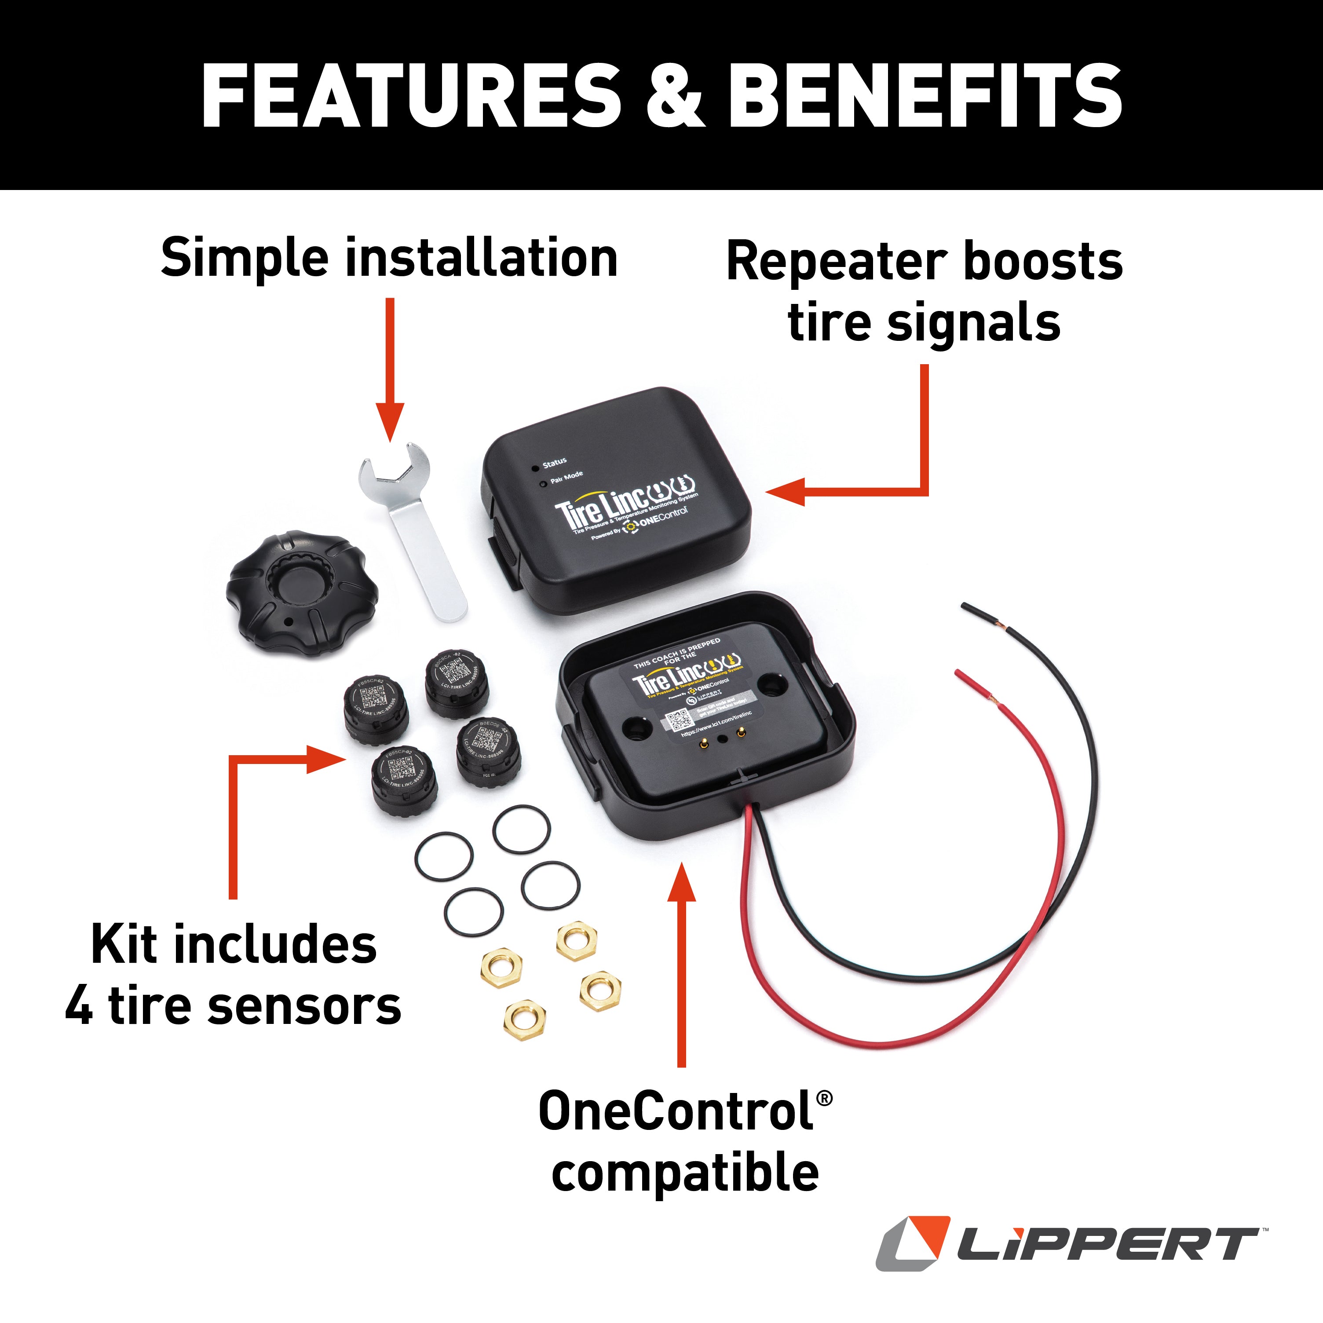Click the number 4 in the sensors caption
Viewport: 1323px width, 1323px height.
[x=80, y=1007]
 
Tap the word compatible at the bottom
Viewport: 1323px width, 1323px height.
[x=685, y=1173]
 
